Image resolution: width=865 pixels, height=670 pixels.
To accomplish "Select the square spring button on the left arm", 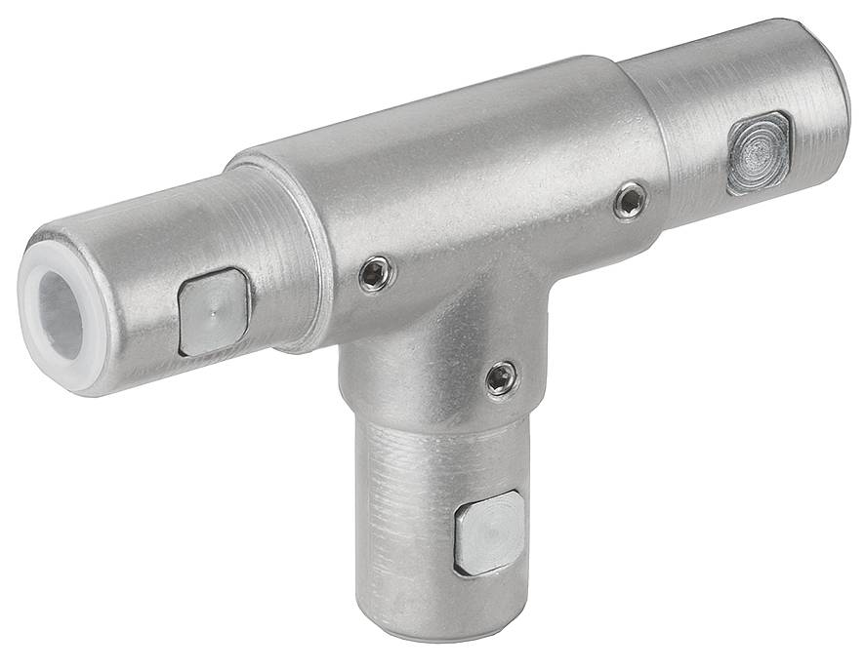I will [214, 312].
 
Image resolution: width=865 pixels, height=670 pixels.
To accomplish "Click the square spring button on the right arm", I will [759, 153].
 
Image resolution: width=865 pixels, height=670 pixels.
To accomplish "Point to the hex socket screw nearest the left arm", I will [375, 275].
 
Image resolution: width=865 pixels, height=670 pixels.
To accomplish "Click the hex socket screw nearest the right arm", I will [631, 201].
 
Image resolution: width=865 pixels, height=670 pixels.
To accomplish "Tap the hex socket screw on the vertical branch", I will [502, 378].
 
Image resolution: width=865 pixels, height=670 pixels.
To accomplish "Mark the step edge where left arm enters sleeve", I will [310, 254].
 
